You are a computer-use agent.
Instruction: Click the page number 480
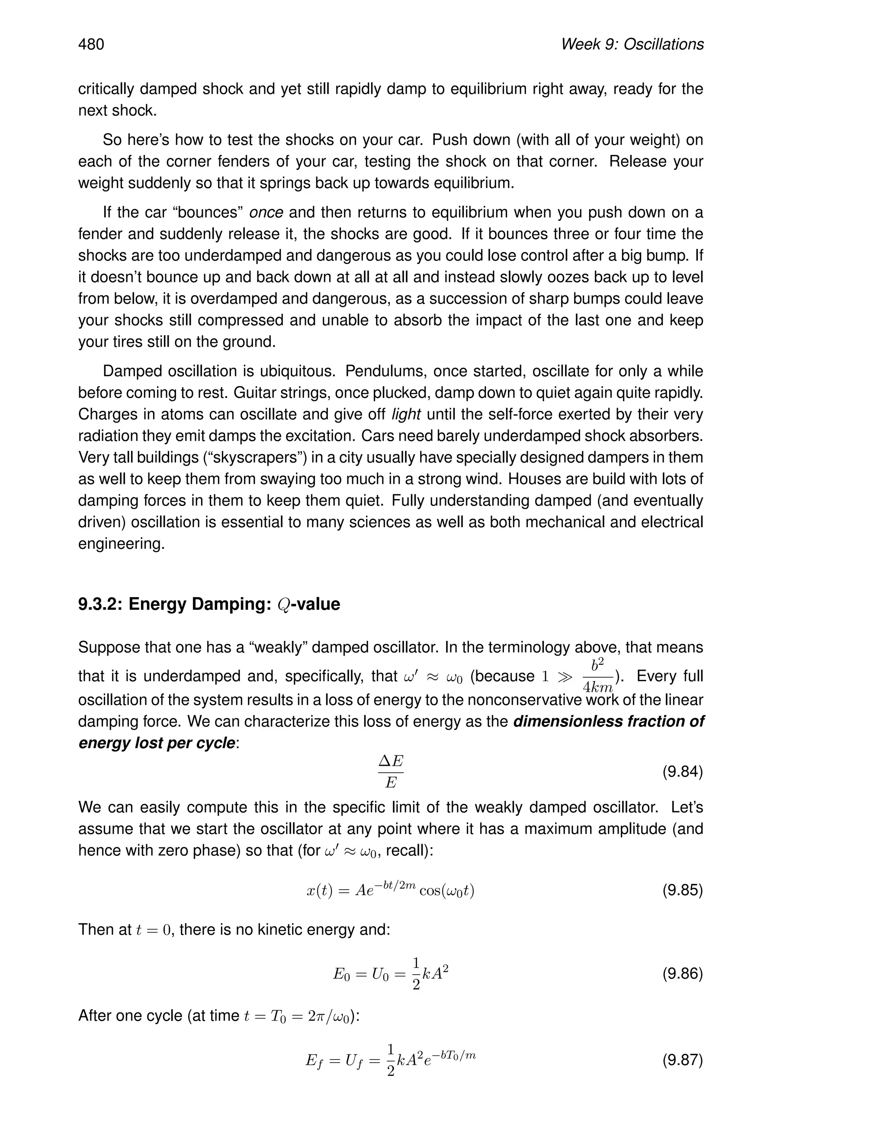91,45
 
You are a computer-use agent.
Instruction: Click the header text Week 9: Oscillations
632,45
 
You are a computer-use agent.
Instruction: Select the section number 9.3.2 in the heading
99,604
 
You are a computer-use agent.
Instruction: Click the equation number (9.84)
682,771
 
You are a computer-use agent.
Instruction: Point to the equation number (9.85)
682,890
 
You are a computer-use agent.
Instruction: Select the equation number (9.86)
682,973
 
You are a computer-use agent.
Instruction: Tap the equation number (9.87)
682,1060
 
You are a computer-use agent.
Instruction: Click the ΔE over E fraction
391,772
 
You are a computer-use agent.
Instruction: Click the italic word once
266,212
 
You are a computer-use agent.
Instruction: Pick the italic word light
406,415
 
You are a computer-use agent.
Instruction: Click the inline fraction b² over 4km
598,676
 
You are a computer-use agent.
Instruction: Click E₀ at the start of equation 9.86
341,974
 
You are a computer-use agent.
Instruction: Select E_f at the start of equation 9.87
315,1060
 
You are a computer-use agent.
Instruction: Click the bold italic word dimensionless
571,721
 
